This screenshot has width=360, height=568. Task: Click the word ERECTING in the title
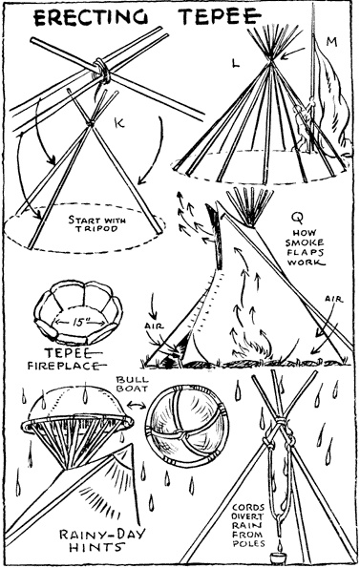click(x=91, y=17)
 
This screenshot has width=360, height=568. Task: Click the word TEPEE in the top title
click(x=221, y=16)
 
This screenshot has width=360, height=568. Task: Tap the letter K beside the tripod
click(x=119, y=123)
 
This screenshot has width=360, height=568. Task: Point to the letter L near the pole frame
click(x=236, y=63)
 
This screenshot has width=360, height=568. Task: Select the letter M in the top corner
click(x=331, y=42)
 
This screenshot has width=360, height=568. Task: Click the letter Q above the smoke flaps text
click(x=299, y=217)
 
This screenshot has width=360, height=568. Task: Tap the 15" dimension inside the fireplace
click(x=79, y=323)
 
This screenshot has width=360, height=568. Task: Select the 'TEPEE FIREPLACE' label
click(x=65, y=359)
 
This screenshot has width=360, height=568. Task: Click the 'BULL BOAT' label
click(x=132, y=384)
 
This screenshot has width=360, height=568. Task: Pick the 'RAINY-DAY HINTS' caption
click(x=102, y=540)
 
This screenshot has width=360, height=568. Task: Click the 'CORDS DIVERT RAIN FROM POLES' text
click(x=248, y=525)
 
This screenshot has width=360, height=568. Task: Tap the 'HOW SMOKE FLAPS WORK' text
click(x=305, y=247)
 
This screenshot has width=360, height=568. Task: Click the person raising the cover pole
click(x=304, y=127)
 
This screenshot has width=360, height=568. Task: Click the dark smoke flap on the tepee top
click(x=214, y=236)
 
